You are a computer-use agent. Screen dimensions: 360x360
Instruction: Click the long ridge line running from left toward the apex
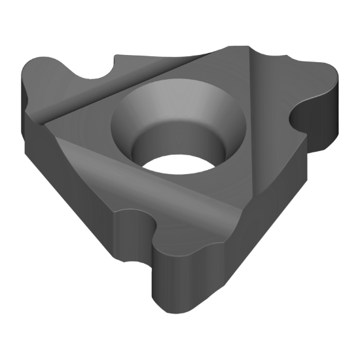[x=131, y=85]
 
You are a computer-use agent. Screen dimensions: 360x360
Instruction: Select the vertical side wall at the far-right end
[x=334, y=115]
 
